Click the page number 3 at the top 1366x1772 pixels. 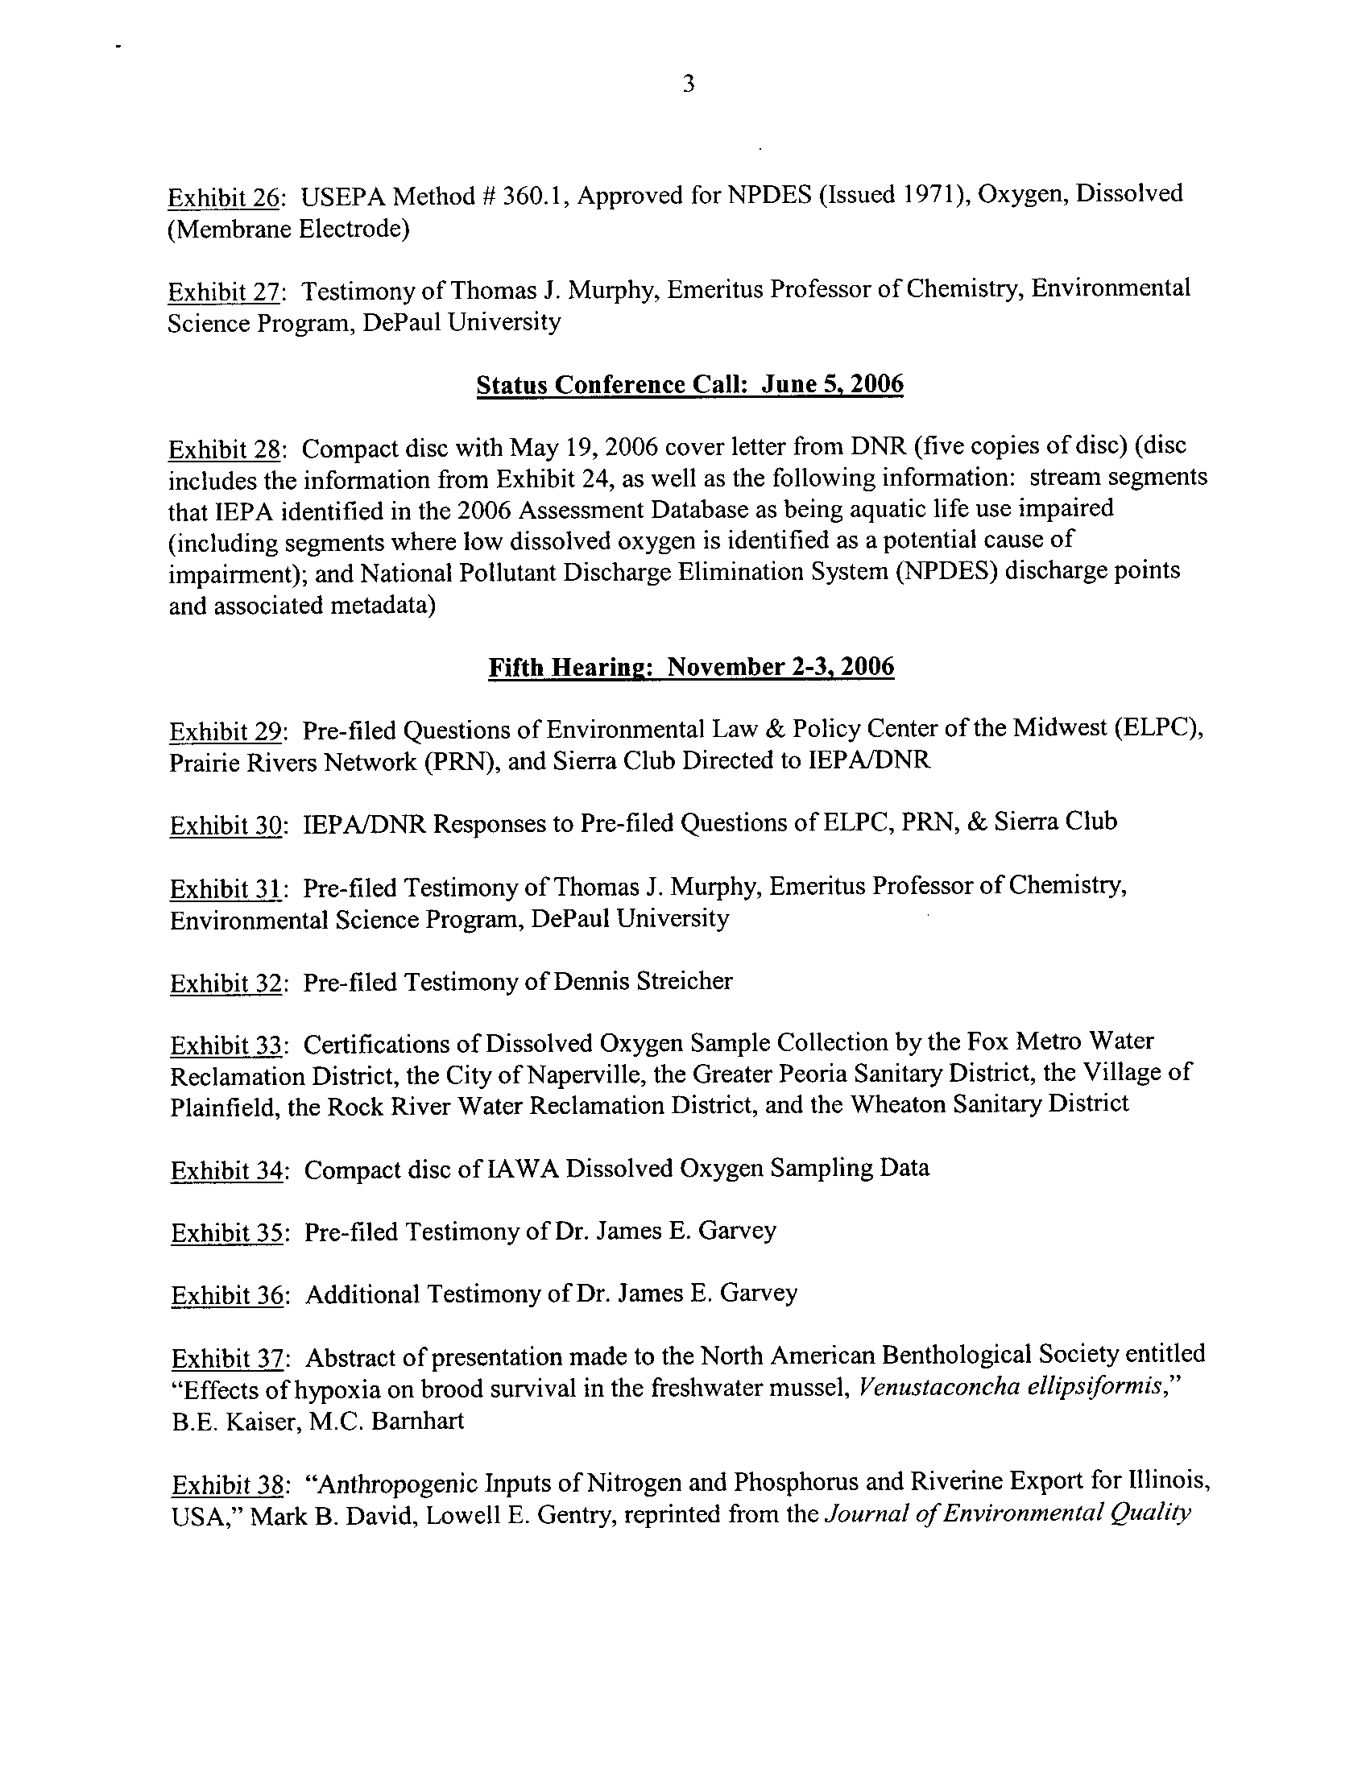(688, 85)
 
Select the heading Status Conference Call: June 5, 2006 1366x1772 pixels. (689, 383)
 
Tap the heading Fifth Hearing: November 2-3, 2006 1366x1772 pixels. (691, 667)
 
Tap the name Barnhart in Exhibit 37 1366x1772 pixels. (417, 1421)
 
